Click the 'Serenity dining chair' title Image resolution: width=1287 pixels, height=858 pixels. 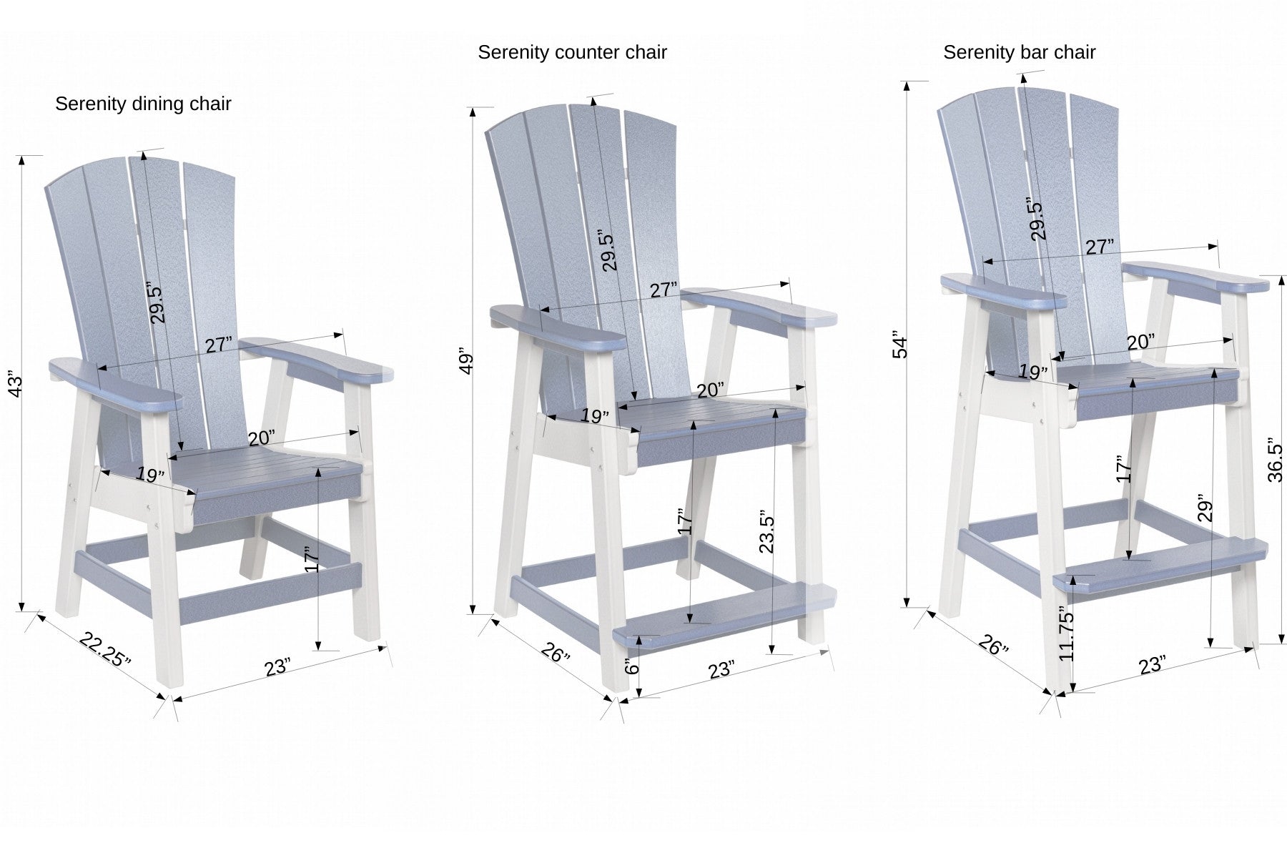click(143, 104)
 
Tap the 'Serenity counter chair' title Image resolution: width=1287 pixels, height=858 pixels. click(572, 53)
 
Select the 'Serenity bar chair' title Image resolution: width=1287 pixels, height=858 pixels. click(1019, 53)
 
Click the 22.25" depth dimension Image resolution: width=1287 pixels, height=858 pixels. click(105, 649)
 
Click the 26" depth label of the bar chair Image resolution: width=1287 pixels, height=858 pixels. click(993, 646)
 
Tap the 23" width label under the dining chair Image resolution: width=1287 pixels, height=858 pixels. click(277, 667)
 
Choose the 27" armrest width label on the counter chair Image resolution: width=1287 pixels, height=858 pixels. click(664, 290)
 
